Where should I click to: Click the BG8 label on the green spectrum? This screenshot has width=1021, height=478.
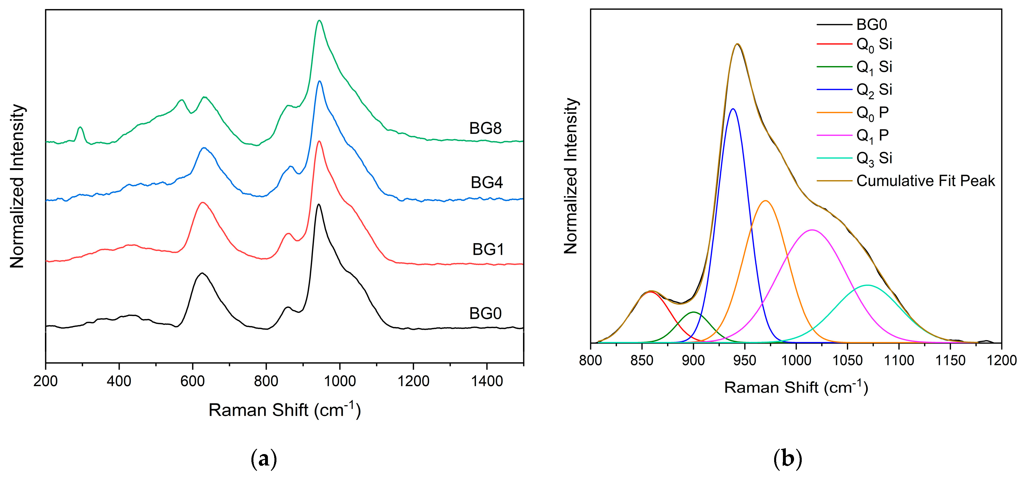coord(485,128)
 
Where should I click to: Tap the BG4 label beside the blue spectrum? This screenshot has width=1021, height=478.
coord(487,183)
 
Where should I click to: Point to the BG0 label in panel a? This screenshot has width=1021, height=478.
coord(485,314)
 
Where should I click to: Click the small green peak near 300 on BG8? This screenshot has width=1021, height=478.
coord(80,128)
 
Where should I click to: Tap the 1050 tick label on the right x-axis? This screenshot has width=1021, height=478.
coord(848,361)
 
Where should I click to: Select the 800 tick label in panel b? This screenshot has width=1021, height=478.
coord(591,361)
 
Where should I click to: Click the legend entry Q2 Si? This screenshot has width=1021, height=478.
coord(874,90)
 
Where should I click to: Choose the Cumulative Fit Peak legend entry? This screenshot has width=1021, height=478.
coord(925,181)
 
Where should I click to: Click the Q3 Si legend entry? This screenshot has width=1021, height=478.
coord(874,158)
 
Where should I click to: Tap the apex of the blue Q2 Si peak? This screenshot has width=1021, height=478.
coord(733,109)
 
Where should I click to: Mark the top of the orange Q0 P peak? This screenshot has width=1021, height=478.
coord(766,201)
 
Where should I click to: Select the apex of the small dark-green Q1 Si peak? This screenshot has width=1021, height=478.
coord(694,312)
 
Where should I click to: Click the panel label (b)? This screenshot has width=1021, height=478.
coord(788,459)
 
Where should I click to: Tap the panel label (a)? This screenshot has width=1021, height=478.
coord(264,459)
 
